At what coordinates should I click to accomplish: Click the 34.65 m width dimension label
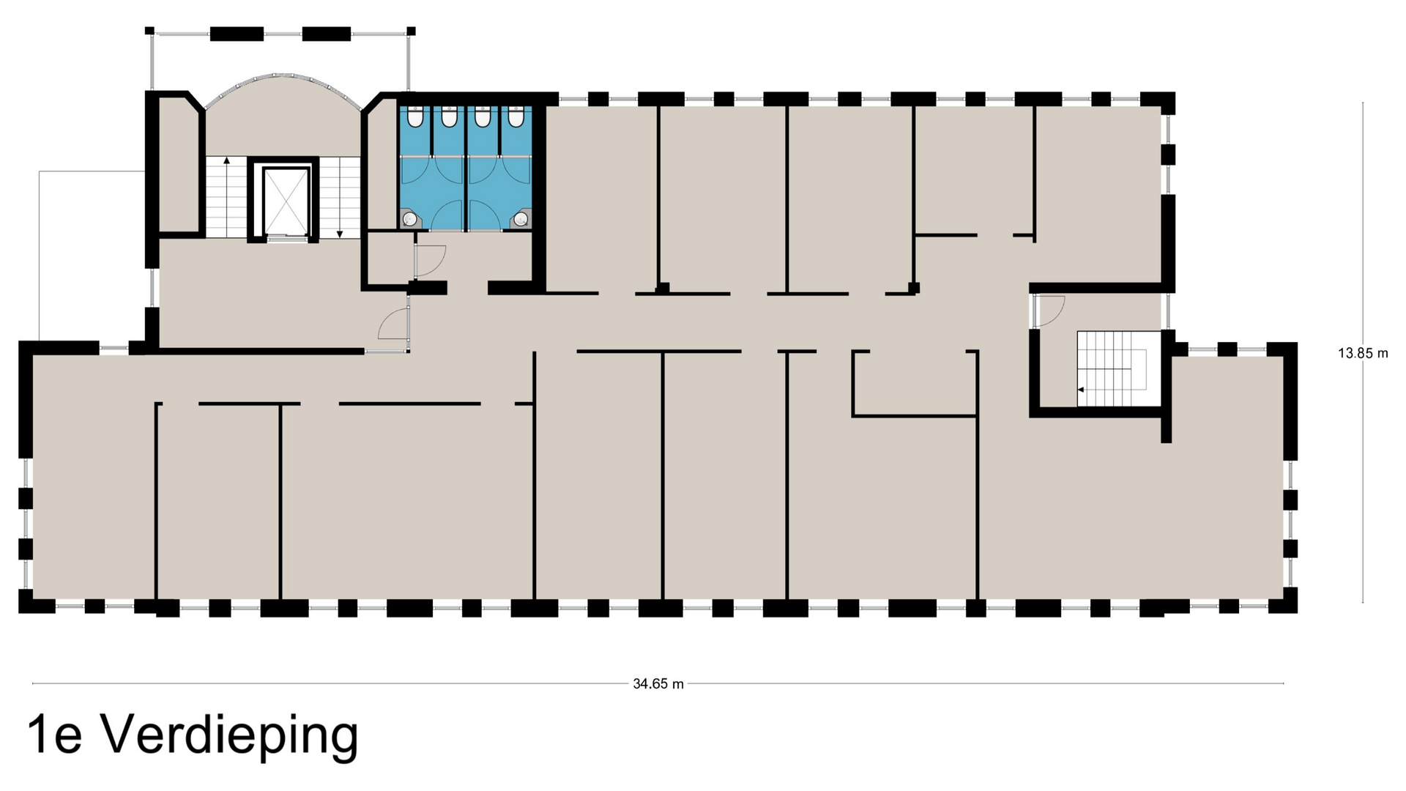pyautogui.click(x=658, y=684)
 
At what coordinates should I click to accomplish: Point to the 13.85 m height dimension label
pyautogui.click(x=1363, y=353)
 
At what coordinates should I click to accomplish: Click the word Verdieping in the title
pyautogui.click(x=229, y=736)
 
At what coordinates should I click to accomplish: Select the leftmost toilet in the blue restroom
pyautogui.click(x=415, y=116)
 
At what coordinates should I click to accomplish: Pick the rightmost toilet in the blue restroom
pyautogui.click(x=516, y=116)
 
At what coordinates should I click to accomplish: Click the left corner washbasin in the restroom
pyautogui.click(x=410, y=218)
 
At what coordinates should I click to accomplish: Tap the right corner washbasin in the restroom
pyautogui.click(x=521, y=218)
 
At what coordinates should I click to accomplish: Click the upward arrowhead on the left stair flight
pyautogui.click(x=227, y=160)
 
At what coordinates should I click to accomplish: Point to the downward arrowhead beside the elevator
pyautogui.click(x=340, y=234)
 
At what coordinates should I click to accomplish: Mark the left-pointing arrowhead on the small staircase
pyautogui.click(x=1081, y=390)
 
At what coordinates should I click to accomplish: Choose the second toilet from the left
pyautogui.click(x=449, y=116)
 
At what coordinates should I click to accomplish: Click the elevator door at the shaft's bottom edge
pyautogui.click(x=284, y=237)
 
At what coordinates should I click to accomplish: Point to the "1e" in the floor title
pyautogui.click(x=54, y=736)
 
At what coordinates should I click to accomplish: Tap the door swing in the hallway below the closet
pyautogui.click(x=394, y=324)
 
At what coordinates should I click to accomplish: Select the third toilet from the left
pyautogui.click(x=483, y=116)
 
